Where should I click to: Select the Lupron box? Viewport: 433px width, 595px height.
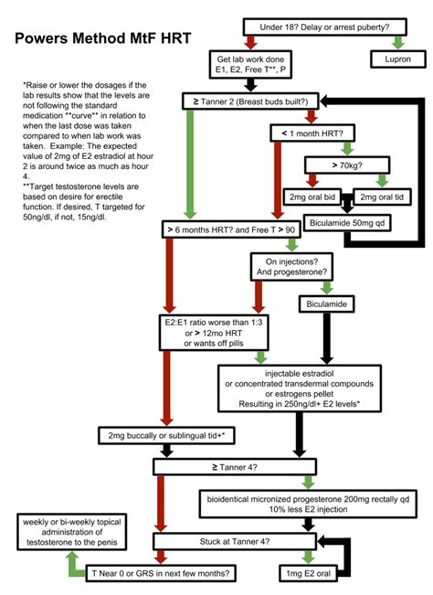point(397,60)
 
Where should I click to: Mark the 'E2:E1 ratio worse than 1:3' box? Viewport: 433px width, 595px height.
point(212,333)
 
